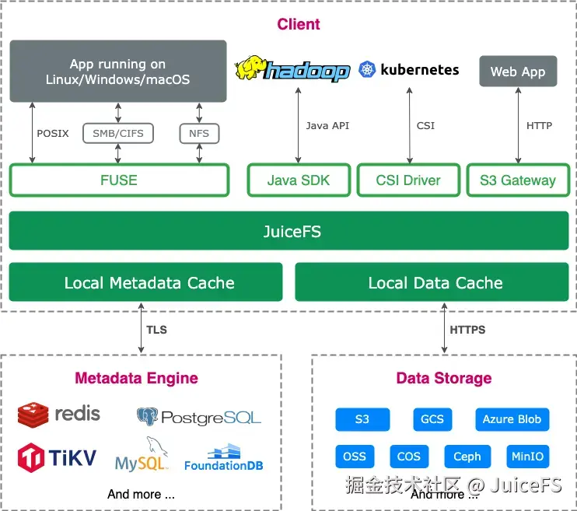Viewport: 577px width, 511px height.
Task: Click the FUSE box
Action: (x=119, y=180)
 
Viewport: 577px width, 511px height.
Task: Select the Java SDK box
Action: (x=299, y=180)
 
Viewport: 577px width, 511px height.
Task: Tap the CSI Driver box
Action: (x=408, y=180)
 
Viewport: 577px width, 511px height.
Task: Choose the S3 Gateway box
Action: (x=518, y=180)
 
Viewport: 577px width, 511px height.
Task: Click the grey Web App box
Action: (x=518, y=72)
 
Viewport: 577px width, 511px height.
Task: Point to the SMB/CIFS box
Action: (x=118, y=134)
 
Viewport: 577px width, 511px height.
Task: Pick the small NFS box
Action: (x=199, y=134)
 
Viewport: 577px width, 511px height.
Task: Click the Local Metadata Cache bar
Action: (x=145, y=282)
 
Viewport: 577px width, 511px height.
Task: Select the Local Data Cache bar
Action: (x=435, y=282)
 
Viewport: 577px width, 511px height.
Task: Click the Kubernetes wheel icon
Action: (x=367, y=70)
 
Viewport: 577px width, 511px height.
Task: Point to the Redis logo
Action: (x=59, y=414)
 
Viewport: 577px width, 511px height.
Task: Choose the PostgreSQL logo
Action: (x=199, y=417)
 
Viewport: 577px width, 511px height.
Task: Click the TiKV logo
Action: (x=57, y=457)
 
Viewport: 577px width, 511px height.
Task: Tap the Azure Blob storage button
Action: (x=512, y=419)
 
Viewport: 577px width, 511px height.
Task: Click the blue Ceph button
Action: (x=467, y=457)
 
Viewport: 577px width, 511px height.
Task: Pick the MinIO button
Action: (x=528, y=457)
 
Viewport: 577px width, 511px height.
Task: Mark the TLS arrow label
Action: (x=156, y=329)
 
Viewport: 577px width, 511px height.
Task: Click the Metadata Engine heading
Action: (x=136, y=379)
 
